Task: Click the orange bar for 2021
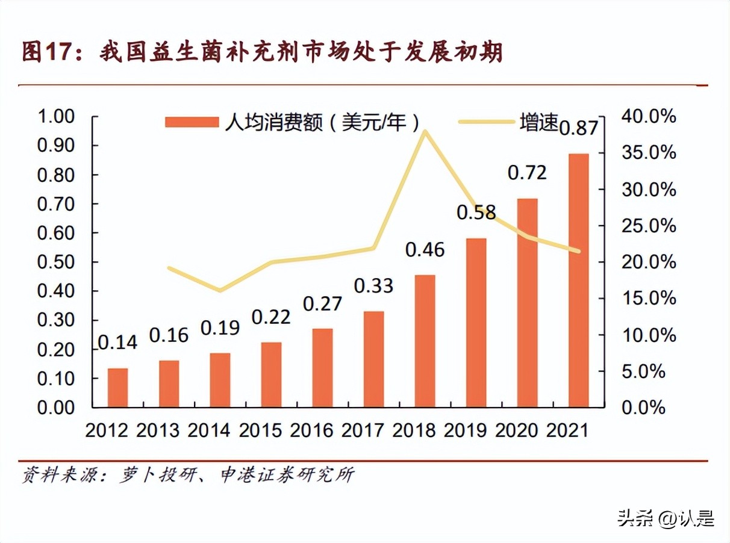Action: [579, 281]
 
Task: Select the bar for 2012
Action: [118, 388]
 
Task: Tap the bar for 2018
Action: [425, 341]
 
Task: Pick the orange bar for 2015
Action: [272, 374]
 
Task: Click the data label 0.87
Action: [579, 128]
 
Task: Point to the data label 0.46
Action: [425, 249]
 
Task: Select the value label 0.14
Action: [118, 342]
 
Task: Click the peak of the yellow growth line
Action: [425, 131]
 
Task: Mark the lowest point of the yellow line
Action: [220, 291]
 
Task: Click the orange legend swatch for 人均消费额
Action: [192, 122]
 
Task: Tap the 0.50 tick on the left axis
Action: [57, 262]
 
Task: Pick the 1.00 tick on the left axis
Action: [57, 117]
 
